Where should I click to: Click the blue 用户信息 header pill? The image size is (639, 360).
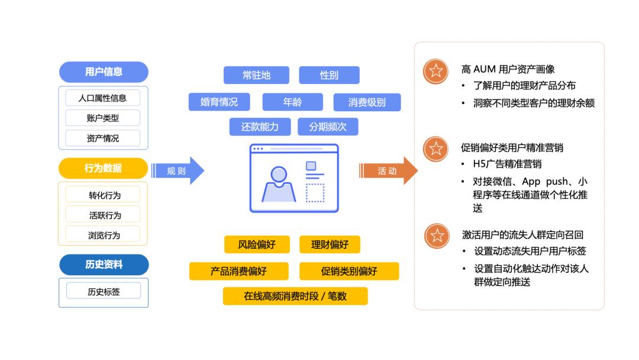104,72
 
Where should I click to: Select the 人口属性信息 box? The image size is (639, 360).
103,98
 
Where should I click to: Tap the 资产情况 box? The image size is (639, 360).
103,138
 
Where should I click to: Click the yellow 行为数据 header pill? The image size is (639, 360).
103,168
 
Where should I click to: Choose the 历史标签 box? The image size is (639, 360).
104,291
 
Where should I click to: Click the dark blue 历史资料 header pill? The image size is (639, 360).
104,265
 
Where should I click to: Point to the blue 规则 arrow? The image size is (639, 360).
177,171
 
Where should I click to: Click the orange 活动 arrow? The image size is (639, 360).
388,171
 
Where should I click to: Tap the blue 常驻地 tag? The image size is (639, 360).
256,75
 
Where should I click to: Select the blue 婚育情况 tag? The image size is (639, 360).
220,102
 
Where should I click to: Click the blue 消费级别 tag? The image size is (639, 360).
367,102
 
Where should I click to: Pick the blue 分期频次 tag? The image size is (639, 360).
328,127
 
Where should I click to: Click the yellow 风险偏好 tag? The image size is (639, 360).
257,245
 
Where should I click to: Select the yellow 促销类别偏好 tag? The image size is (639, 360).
349,271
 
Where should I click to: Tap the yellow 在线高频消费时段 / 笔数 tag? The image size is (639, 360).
295,296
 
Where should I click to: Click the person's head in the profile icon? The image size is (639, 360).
279,175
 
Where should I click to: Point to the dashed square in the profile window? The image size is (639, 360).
315,193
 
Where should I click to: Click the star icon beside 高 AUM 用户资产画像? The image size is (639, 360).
435,71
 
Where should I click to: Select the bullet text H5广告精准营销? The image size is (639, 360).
507,164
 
